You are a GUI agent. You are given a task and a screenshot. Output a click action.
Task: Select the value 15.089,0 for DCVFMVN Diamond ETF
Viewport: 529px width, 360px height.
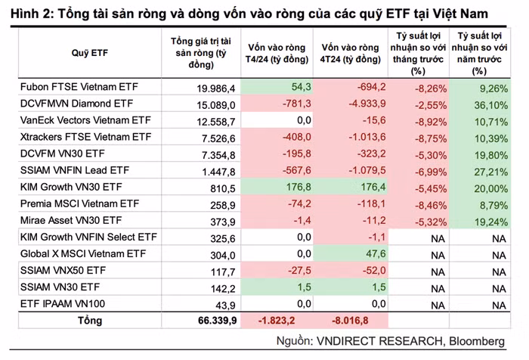click(x=215, y=104)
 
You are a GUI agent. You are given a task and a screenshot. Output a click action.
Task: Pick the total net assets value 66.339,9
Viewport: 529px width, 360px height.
click(x=212, y=321)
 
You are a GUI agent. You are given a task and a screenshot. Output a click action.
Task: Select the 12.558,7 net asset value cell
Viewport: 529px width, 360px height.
click(x=215, y=121)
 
